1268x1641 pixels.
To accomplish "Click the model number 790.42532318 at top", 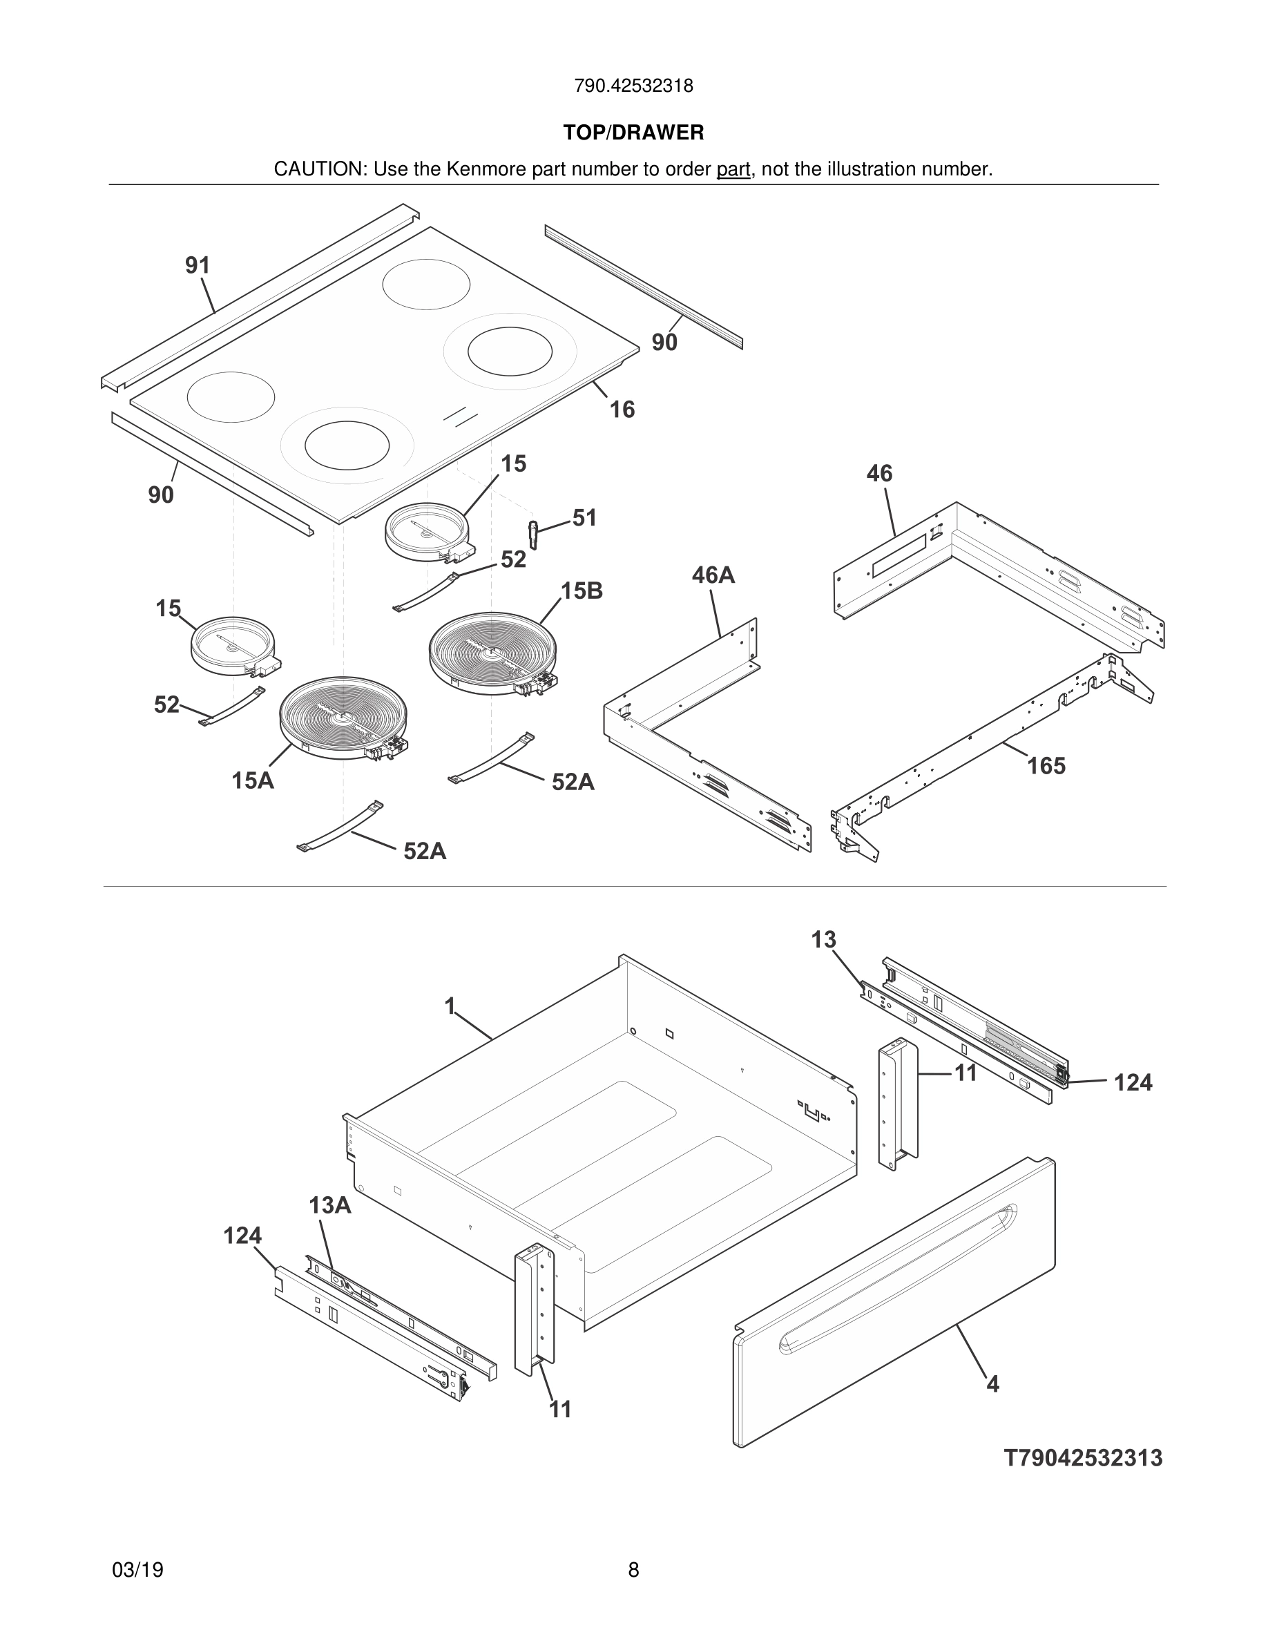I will tap(633, 86).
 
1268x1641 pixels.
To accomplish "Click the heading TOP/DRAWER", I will tap(633, 133).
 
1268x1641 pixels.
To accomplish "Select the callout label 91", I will tap(198, 265).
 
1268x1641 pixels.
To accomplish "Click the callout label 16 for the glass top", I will tap(622, 410).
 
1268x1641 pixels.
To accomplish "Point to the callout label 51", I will tap(584, 518).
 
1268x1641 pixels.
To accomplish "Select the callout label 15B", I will tap(582, 591).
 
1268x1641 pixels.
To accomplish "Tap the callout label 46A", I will tap(713, 575).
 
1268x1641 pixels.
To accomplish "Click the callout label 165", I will tap(1046, 766).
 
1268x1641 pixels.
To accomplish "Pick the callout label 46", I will tap(879, 473).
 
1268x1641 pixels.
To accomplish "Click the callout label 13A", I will tap(329, 1205).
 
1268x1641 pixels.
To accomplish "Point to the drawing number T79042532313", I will tap(1082, 1459).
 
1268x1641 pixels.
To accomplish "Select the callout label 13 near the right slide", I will tap(823, 940).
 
